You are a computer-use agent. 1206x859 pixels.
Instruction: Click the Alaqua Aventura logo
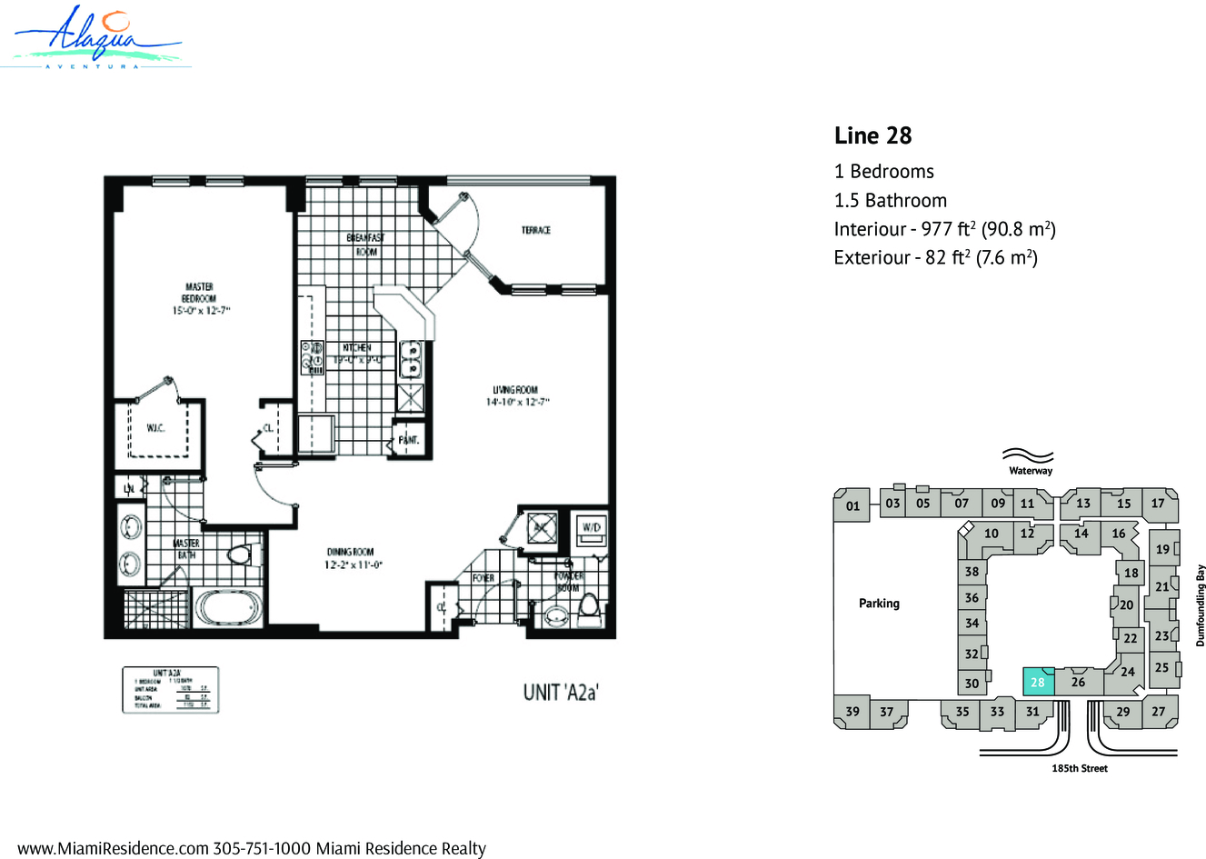(97, 36)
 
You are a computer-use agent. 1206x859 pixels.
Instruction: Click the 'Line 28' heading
(872, 135)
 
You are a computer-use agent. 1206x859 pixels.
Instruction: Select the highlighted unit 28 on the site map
(1038, 682)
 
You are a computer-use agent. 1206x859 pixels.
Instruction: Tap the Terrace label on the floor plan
(535, 230)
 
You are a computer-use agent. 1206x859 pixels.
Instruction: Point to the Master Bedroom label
(198, 298)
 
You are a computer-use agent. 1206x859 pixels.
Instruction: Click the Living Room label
(516, 395)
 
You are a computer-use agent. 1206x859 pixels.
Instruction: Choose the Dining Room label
(350, 557)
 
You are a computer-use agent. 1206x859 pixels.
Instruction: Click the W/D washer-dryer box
(591, 528)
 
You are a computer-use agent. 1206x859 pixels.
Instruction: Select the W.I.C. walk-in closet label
(155, 427)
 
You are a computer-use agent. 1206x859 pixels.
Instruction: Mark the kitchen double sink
(410, 359)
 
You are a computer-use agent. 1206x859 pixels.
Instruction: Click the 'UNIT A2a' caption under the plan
(561, 692)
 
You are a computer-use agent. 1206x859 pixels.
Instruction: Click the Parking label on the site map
(879, 603)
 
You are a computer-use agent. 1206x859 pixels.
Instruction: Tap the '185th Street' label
(1079, 768)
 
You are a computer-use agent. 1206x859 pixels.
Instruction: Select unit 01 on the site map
(852, 506)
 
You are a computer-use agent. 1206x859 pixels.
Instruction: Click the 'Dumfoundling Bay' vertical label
(1200, 605)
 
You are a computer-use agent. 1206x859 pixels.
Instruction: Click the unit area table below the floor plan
(171, 689)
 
